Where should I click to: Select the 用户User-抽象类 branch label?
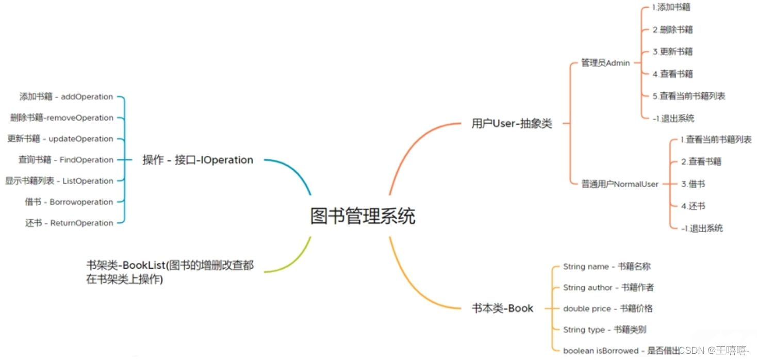click(x=512, y=124)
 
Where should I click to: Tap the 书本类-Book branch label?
click(x=502, y=308)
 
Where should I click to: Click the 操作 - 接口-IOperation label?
click(x=198, y=160)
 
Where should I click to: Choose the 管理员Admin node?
click(x=605, y=63)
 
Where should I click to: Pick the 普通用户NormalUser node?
click(x=620, y=184)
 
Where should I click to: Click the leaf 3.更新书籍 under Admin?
click(x=672, y=52)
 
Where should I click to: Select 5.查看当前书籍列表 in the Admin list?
click(x=688, y=96)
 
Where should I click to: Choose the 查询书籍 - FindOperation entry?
click(x=66, y=160)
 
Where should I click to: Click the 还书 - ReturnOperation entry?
click(x=69, y=223)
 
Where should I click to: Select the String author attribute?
click(x=608, y=288)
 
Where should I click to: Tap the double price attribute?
click(x=607, y=308)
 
